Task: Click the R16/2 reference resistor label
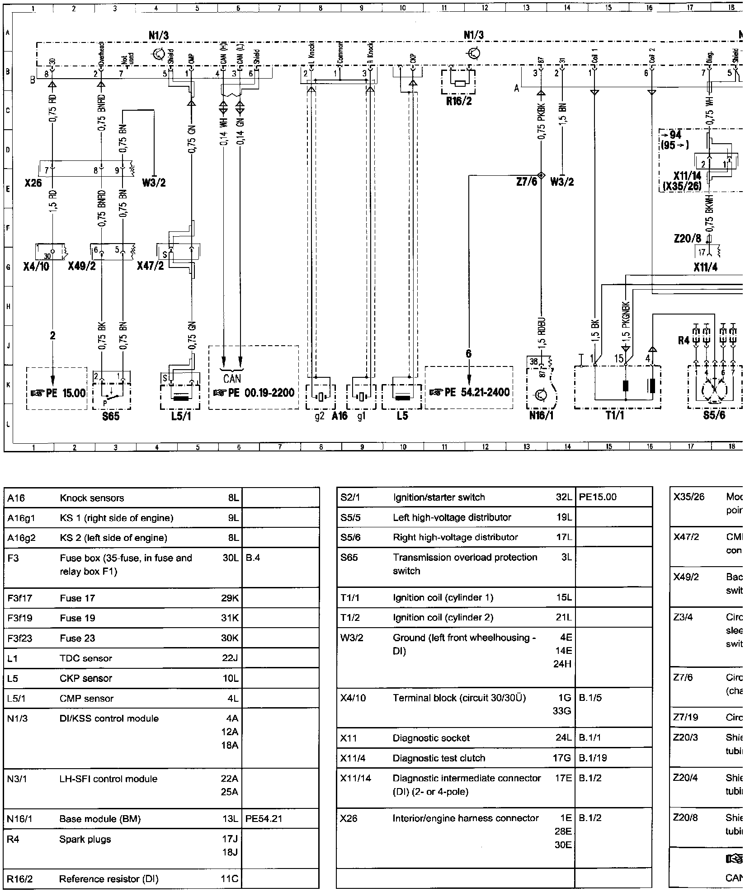coord(458,101)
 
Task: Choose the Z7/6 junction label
coord(527,182)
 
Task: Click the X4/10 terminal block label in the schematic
coord(36,267)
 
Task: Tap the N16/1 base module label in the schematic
coord(541,415)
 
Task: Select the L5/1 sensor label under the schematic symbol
coord(181,416)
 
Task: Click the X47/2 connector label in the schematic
coord(151,267)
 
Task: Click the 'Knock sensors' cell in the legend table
coord(92,498)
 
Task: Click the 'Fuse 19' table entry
coord(77,618)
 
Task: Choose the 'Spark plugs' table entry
coord(85,826)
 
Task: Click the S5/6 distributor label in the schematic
coord(714,415)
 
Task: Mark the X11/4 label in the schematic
coord(705,267)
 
